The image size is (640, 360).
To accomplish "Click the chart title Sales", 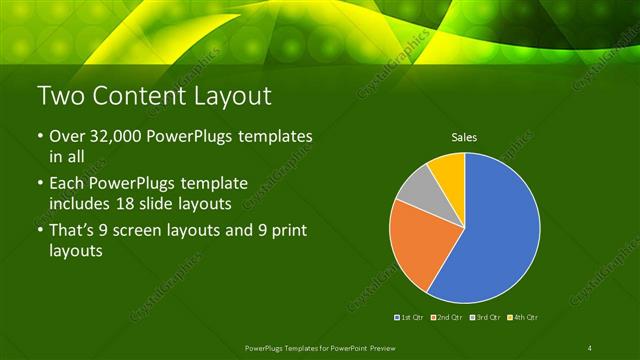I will (464, 136).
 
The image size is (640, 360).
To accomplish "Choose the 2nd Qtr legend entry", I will (449, 317).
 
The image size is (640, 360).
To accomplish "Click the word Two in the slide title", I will (60, 96).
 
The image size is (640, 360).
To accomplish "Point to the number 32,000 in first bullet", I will (115, 135).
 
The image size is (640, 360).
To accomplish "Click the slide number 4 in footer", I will (590, 347).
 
